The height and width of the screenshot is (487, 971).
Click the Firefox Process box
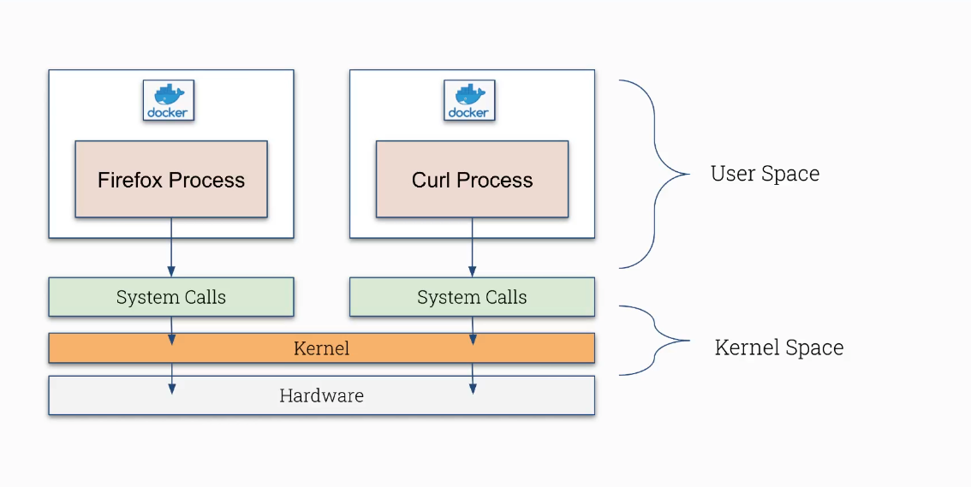(x=171, y=179)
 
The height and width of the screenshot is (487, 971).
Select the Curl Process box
(x=472, y=179)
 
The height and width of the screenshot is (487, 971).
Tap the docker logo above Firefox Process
(x=169, y=100)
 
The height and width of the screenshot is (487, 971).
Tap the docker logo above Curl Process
(x=469, y=100)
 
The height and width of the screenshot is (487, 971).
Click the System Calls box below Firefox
(x=171, y=297)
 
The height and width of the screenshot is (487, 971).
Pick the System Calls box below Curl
(x=472, y=297)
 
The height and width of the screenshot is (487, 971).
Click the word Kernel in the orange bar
(x=321, y=348)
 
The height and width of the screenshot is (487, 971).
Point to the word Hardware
(x=321, y=395)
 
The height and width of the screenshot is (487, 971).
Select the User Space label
(x=765, y=174)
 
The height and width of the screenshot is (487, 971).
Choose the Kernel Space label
(x=778, y=347)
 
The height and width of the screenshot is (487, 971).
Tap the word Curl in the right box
(x=431, y=180)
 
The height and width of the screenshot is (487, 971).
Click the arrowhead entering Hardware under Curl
(x=473, y=389)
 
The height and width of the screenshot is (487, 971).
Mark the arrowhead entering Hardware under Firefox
(x=172, y=389)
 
